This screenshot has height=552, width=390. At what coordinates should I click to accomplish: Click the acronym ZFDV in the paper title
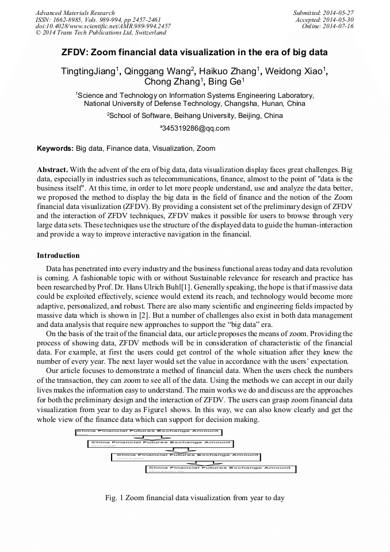pyautogui.click(x=76, y=52)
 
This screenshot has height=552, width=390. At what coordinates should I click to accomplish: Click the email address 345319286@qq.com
pyautogui.click(x=196, y=128)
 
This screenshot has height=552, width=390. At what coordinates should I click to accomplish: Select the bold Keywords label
pyautogui.click(x=55, y=149)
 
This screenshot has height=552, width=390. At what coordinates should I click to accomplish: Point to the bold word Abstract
pyautogui.click(x=52, y=170)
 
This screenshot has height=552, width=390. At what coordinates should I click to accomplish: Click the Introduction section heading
pyautogui.click(x=58, y=255)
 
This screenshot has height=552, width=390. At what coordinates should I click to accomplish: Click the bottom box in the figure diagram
pyautogui.click(x=221, y=469)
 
